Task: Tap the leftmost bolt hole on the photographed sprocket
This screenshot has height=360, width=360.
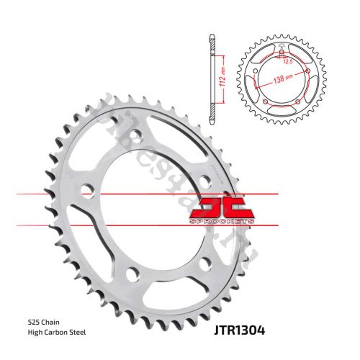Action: point(88,191)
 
